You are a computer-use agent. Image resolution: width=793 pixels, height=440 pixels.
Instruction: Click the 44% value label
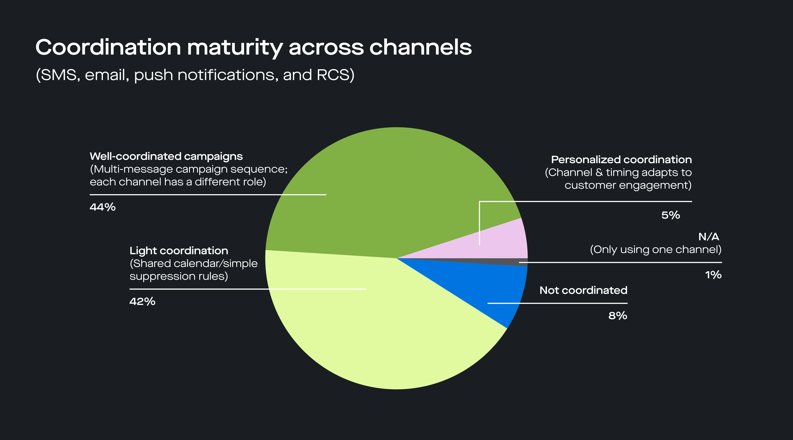(x=102, y=207)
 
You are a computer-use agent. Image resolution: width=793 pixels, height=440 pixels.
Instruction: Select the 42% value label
(x=142, y=301)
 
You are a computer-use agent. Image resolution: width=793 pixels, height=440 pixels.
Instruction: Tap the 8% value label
(x=617, y=315)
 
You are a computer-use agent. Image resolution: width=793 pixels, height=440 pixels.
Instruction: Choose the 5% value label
(x=671, y=215)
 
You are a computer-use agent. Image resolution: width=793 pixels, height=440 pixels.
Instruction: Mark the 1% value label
(x=713, y=275)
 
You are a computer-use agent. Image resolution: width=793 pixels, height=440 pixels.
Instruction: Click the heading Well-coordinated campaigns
(x=166, y=156)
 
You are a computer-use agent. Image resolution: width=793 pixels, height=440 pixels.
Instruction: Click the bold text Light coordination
(x=179, y=251)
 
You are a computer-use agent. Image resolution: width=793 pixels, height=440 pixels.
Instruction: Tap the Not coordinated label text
(x=583, y=290)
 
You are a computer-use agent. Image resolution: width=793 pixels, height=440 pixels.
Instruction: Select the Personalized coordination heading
(x=621, y=159)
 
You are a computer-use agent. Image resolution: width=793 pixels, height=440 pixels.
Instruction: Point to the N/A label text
(x=708, y=236)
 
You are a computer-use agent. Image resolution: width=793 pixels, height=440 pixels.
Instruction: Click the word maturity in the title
(x=235, y=48)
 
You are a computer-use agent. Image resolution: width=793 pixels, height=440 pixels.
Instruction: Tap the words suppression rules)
(x=179, y=276)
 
